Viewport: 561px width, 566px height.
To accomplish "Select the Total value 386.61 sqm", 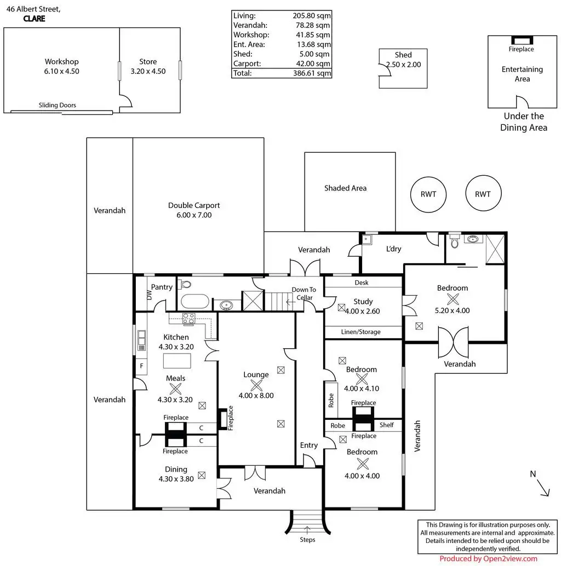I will tap(311, 73).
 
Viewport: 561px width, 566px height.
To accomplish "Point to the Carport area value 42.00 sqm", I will tap(311, 63).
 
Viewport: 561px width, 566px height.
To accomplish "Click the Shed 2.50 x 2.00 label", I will tap(403, 59).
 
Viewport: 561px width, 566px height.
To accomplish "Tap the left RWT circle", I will tap(428, 194).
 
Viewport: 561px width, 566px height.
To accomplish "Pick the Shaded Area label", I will tap(345, 188).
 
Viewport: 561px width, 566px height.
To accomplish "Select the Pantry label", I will tap(162, 287).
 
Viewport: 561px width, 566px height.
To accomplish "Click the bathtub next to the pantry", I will tap(194, 302).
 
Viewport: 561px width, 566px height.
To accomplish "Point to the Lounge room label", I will tap(256, 375).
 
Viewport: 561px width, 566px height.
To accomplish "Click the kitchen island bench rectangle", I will tap(177, 361).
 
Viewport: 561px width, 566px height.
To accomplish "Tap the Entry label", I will tap(308, 445).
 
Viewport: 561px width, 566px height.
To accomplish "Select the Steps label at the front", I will tap(307, 540).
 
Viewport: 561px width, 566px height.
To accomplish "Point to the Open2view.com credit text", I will tap(488, 558).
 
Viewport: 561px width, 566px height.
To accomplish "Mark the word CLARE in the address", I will tap(34, 18).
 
